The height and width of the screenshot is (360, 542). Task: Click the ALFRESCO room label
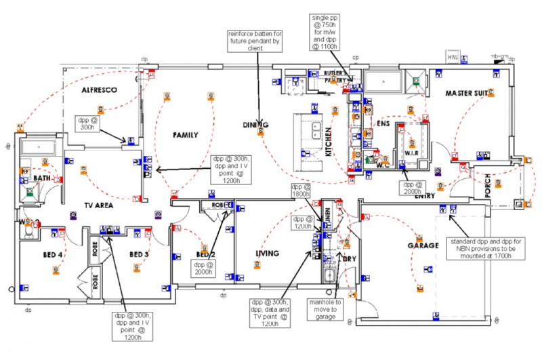tap(100, 89)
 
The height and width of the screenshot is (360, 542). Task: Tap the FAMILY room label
tap(185, 135)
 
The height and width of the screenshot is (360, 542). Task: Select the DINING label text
tap(256, 125)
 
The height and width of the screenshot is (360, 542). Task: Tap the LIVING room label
tap(267, 254)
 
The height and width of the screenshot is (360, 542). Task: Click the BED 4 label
tap(51, 254)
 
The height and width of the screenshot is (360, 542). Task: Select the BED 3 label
tap(138, 254)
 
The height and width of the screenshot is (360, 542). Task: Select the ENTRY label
tap(424, 197)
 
